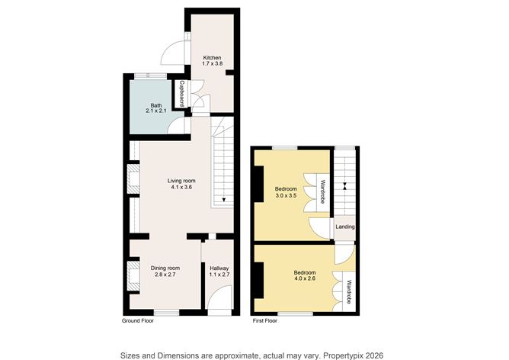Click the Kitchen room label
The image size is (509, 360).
213,57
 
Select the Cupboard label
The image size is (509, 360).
182,94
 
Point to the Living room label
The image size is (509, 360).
181,181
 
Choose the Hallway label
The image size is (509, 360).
219,268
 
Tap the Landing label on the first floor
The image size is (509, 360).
345,227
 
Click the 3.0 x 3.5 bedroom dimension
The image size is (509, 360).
286,195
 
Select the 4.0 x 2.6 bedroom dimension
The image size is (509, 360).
305,278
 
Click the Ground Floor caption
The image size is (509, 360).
138,321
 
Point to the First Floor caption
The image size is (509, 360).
265,321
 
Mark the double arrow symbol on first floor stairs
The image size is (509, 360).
344,186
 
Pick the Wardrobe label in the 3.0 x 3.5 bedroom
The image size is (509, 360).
322,192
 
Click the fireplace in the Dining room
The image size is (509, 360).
134,276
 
